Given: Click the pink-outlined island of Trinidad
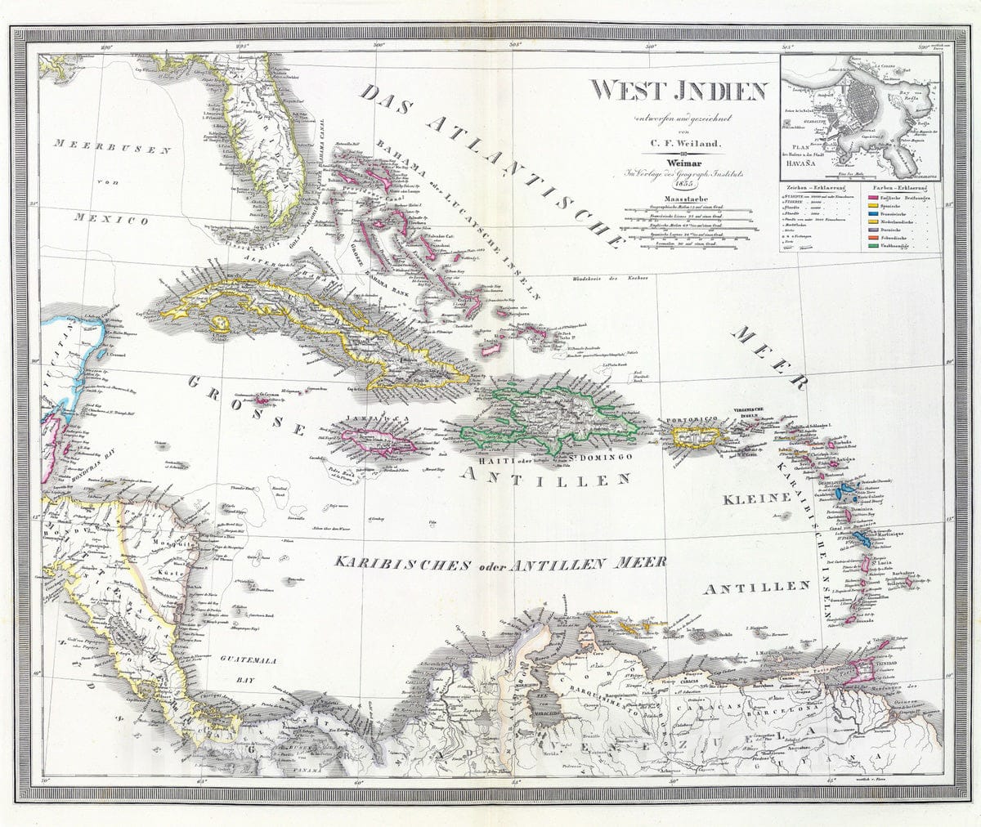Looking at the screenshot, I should pyautogui.click(x=862, y=673).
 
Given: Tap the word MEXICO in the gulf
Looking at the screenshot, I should pyautogui.click(x=110, y=219).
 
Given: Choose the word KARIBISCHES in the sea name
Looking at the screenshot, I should pyautogui.click(x=393, y=564).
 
